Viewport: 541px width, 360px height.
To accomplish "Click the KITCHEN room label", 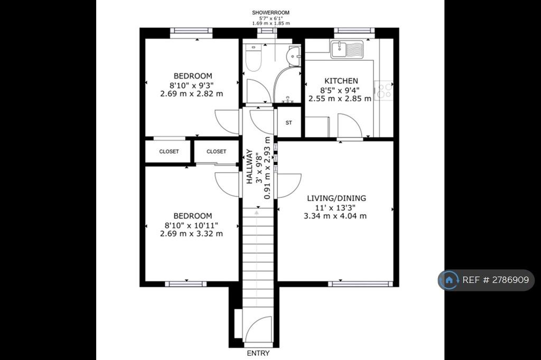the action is pyautogui.click(x=341, y=81).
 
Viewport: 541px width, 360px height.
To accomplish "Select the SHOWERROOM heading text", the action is pyautogui.click(x=271, y=13).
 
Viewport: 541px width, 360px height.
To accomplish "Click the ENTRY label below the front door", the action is pyautogui.click(x=258, y=353).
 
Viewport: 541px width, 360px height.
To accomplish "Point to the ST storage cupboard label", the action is pyautogui.click(x=289, y=123).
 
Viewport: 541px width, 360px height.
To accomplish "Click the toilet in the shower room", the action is pyautogui.click(x=254, y=58).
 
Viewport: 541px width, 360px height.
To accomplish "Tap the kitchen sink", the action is pyautogui.click(x=347, y=49).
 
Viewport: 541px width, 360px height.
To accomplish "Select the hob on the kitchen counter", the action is pyautogui.click(x=384, y=90).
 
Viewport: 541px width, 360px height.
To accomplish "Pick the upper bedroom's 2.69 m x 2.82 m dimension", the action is pyautogui.click(x=191, y=93).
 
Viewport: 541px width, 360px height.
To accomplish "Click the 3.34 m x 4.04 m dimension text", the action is pyautogui.click(x=335, y=216).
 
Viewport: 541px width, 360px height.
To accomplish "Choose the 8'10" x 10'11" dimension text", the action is pyautogui.click(x=191, y=225).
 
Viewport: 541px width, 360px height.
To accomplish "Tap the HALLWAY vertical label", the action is pyautogui.click(x=249, y=167).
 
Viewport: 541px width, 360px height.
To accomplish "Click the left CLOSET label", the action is pyautogui.click(x=169, y=151).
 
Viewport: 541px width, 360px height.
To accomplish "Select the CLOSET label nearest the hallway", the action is pyautogui.click(x=216, y=151).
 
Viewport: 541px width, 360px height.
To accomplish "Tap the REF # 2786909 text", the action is pyautogui.click(x=496, y=280).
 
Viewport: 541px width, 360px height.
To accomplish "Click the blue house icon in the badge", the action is pyautogui.click(x=449, y=280).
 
